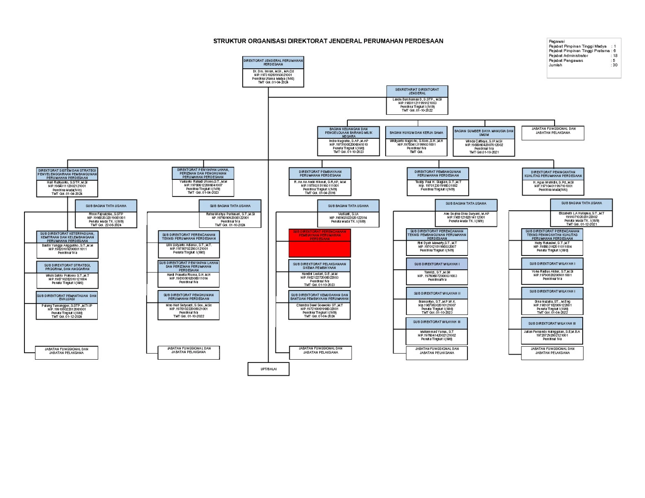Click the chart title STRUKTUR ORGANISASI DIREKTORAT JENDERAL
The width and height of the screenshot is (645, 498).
click(x=328, y=41)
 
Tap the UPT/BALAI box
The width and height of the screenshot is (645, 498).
click(x=269, y=369)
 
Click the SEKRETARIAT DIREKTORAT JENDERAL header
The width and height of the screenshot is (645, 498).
click(x=417, y=91)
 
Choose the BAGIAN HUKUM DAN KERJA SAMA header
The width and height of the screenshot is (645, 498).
click(x=416, y=133)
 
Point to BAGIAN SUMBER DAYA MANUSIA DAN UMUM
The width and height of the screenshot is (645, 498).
click(x=484, y=133)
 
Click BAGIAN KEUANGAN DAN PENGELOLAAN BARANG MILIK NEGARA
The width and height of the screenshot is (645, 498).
click(x=348, y=133)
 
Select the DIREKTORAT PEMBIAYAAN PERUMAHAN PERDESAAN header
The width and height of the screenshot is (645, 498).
click(x=320, y=173)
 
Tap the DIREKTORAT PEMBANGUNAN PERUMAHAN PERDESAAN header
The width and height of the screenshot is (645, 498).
click(x=438, y=173)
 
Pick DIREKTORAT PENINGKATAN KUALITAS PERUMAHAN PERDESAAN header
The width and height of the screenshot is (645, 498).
click(x=553, y=173)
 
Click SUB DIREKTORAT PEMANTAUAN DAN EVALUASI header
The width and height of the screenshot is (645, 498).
click(x=67, y=297)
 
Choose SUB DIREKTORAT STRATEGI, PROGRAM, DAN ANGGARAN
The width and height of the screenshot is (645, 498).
click(x=67, y=267)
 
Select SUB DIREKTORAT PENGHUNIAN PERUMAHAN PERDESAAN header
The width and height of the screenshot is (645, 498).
click(x=189, y=296)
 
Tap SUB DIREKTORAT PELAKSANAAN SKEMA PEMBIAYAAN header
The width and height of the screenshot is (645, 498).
click(x=319, y=266)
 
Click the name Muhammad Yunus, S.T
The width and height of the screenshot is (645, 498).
click(x=436, y=332)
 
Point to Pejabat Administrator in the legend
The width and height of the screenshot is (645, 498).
click(x=568, y=56)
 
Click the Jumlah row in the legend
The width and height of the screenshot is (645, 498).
click(x=555, y=65)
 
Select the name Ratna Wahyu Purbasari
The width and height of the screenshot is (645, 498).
click(x=230, y=214)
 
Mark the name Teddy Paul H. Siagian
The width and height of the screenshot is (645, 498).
click(x=438, y=182)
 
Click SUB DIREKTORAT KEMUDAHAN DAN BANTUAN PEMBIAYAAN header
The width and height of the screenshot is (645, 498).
click(x=319, y=296)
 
